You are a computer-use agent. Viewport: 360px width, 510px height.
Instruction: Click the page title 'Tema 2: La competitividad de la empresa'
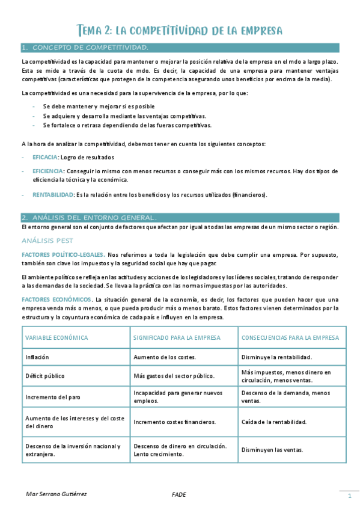[180, 30]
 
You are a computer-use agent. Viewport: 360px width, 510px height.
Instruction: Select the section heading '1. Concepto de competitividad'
[84, 48]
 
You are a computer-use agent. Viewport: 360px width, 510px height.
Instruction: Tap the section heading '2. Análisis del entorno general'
[88, 217]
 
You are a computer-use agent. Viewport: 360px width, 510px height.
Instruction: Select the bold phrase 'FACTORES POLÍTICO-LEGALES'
[63, 254]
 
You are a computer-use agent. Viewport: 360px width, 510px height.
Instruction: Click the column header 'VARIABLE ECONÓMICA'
[57, 338]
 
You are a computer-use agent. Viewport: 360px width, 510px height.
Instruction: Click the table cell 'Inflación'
[37, 357]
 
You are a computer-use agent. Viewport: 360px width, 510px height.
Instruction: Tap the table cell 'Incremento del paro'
[52, 397]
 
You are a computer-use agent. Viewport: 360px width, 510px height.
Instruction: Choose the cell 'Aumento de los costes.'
[165, 357]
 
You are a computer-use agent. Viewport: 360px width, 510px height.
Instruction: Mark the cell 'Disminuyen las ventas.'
[272, 450]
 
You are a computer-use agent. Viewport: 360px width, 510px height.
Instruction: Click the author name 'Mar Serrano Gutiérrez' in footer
[56, 494]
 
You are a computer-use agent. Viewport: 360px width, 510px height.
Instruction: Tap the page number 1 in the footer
[349, 496]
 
